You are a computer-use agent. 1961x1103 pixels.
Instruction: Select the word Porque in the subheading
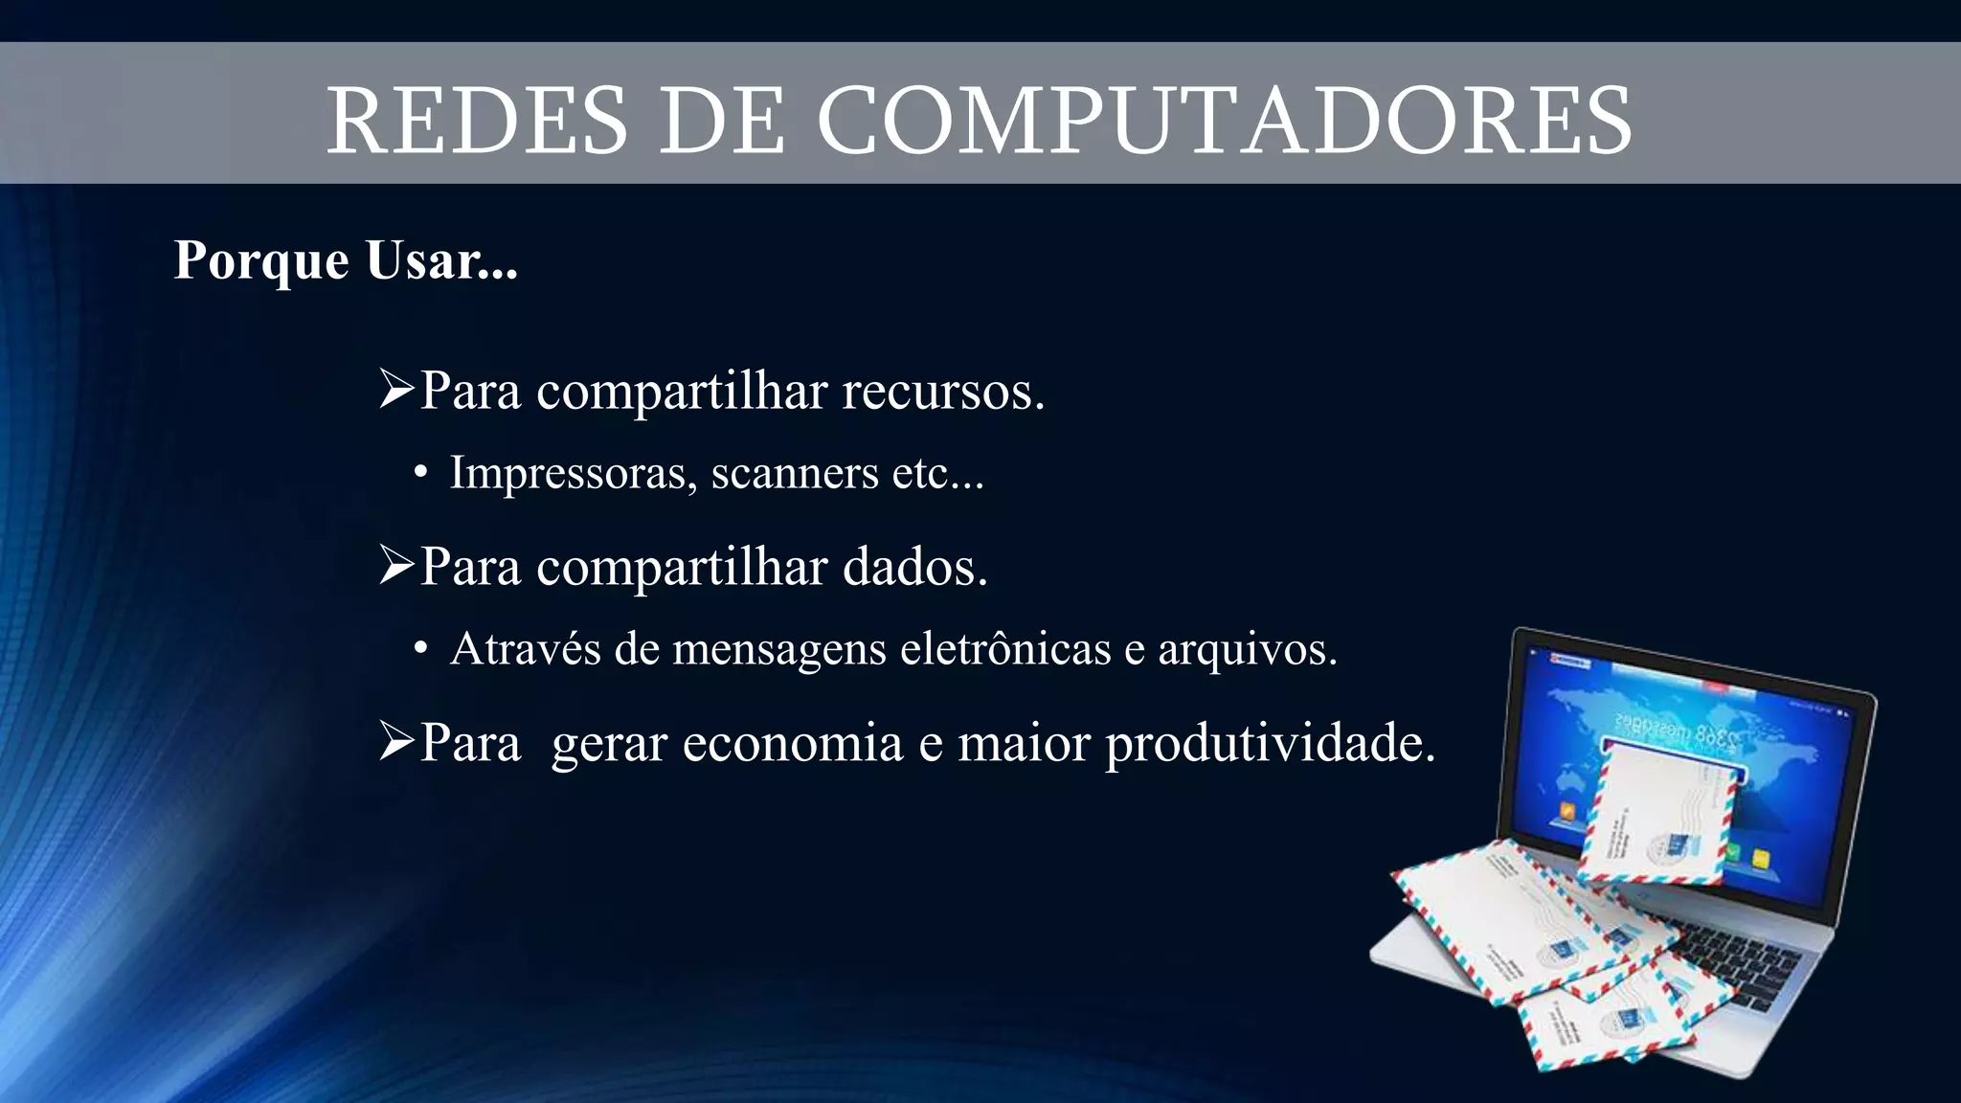[x=260, y=261]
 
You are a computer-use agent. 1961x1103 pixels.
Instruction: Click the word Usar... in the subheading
[x=441, y=261]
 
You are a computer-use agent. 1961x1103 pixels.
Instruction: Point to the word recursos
[x=943, y=391]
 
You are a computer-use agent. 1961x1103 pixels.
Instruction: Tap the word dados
[x=914, y=567]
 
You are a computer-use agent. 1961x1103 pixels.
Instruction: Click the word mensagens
[x=779, y=650]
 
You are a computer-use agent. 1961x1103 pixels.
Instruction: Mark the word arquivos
[x=1247, y=650]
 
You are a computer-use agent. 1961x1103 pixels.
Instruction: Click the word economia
[x=793, y=743]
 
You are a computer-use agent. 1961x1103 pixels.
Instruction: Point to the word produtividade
[x=1271, y=743]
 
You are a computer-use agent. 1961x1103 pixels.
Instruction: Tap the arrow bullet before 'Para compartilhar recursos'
[x=395, y=391]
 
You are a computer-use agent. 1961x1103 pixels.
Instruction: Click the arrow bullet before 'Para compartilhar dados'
[x=395, y=566]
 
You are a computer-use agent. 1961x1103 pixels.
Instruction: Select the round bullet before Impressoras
[x=420, y=473]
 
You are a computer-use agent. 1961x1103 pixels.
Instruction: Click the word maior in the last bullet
[x=1024, y=743]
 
